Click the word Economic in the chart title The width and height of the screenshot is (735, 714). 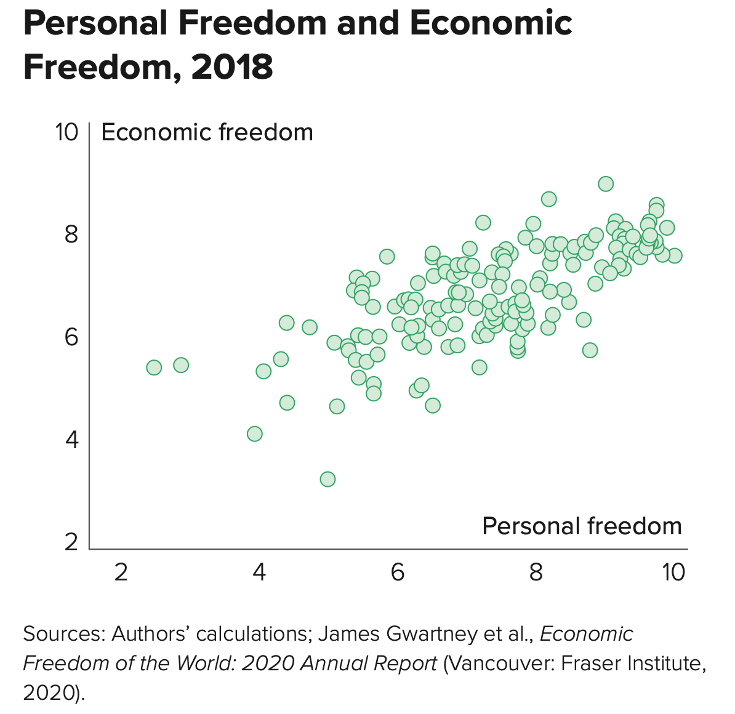tap(491, 23)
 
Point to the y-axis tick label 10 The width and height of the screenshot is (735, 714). tap(66, 132)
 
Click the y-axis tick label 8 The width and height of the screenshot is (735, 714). tap(72, 235)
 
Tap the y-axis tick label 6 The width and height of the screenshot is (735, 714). tap(72, 337)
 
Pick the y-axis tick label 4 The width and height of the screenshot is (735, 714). tap(72, 439)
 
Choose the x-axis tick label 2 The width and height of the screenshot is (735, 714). tap(121, 572)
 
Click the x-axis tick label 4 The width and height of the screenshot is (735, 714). tap(259, 572)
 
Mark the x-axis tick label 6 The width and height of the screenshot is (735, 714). tap(398, 572)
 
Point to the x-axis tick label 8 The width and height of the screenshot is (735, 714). tap(536, 572)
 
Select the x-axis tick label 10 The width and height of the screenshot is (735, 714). tap(673, 572)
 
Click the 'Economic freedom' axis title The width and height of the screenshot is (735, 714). tap(207, 132)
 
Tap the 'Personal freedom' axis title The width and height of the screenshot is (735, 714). tap(582, 526)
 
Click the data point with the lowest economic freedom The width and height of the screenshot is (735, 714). tap(327, 479)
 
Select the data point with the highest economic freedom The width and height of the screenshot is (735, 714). tap(606, 183)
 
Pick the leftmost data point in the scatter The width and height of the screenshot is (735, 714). tap(154, 367)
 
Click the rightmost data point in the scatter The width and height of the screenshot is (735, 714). tap(675, 255)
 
